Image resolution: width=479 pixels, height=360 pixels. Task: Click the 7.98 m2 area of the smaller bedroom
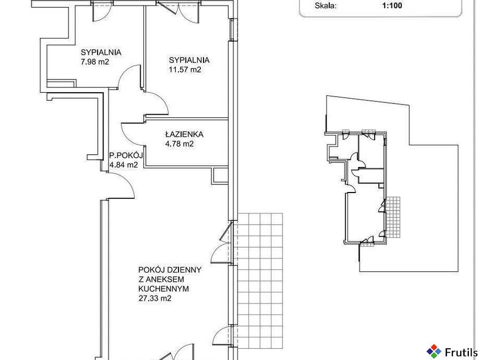(95, 62)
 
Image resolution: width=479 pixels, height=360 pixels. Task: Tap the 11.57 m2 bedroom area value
(185, 70)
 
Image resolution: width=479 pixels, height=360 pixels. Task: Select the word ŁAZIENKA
(184, 134)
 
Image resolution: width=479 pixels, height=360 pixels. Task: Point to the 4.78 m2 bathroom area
(180, 144)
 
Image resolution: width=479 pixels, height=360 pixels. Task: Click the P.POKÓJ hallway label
(126, 155)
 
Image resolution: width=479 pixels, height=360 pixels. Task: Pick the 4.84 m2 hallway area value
(124, 165)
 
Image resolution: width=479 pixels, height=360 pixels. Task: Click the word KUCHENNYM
(164, 289)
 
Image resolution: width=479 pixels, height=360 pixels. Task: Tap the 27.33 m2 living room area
(155, 298)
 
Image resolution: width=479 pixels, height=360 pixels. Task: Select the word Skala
(326, 5)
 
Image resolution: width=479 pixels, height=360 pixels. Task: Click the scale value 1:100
(392, 5)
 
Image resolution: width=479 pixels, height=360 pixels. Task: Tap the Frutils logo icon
(434, 351)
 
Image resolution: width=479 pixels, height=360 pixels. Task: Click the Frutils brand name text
(461, 353)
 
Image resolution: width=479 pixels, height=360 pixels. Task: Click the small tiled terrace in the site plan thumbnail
(393, 217)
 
